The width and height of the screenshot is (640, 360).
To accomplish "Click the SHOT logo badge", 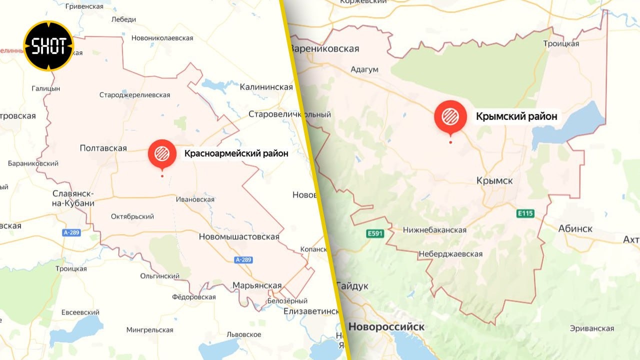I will coord(49,46).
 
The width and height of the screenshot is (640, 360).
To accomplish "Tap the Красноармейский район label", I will coord(236,153).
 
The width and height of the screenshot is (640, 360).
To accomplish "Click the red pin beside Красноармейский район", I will coord(162,154).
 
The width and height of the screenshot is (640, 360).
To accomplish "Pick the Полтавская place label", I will coord(103,148).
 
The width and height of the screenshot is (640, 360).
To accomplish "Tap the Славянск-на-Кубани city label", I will coord(73,198).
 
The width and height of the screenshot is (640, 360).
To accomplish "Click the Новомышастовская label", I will coord(239,236).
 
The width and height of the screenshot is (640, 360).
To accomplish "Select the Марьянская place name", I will coord(257,285).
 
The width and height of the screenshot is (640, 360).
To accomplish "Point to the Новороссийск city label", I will coord(386,327).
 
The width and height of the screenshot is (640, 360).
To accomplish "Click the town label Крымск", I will coord(494,180).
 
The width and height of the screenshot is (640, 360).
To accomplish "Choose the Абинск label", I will coord(575,228).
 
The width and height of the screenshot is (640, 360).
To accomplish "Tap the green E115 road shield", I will coord(525,214).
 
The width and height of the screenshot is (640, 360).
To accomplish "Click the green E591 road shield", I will coord(374,233).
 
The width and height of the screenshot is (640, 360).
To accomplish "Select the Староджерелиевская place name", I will coord(134,95).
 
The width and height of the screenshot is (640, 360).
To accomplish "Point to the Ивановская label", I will coord(195,199).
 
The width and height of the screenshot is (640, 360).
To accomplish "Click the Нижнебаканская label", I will coord(434,230).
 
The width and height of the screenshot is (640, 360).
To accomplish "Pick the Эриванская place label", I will coord(591,328).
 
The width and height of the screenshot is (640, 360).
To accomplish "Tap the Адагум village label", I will coord(364,69).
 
